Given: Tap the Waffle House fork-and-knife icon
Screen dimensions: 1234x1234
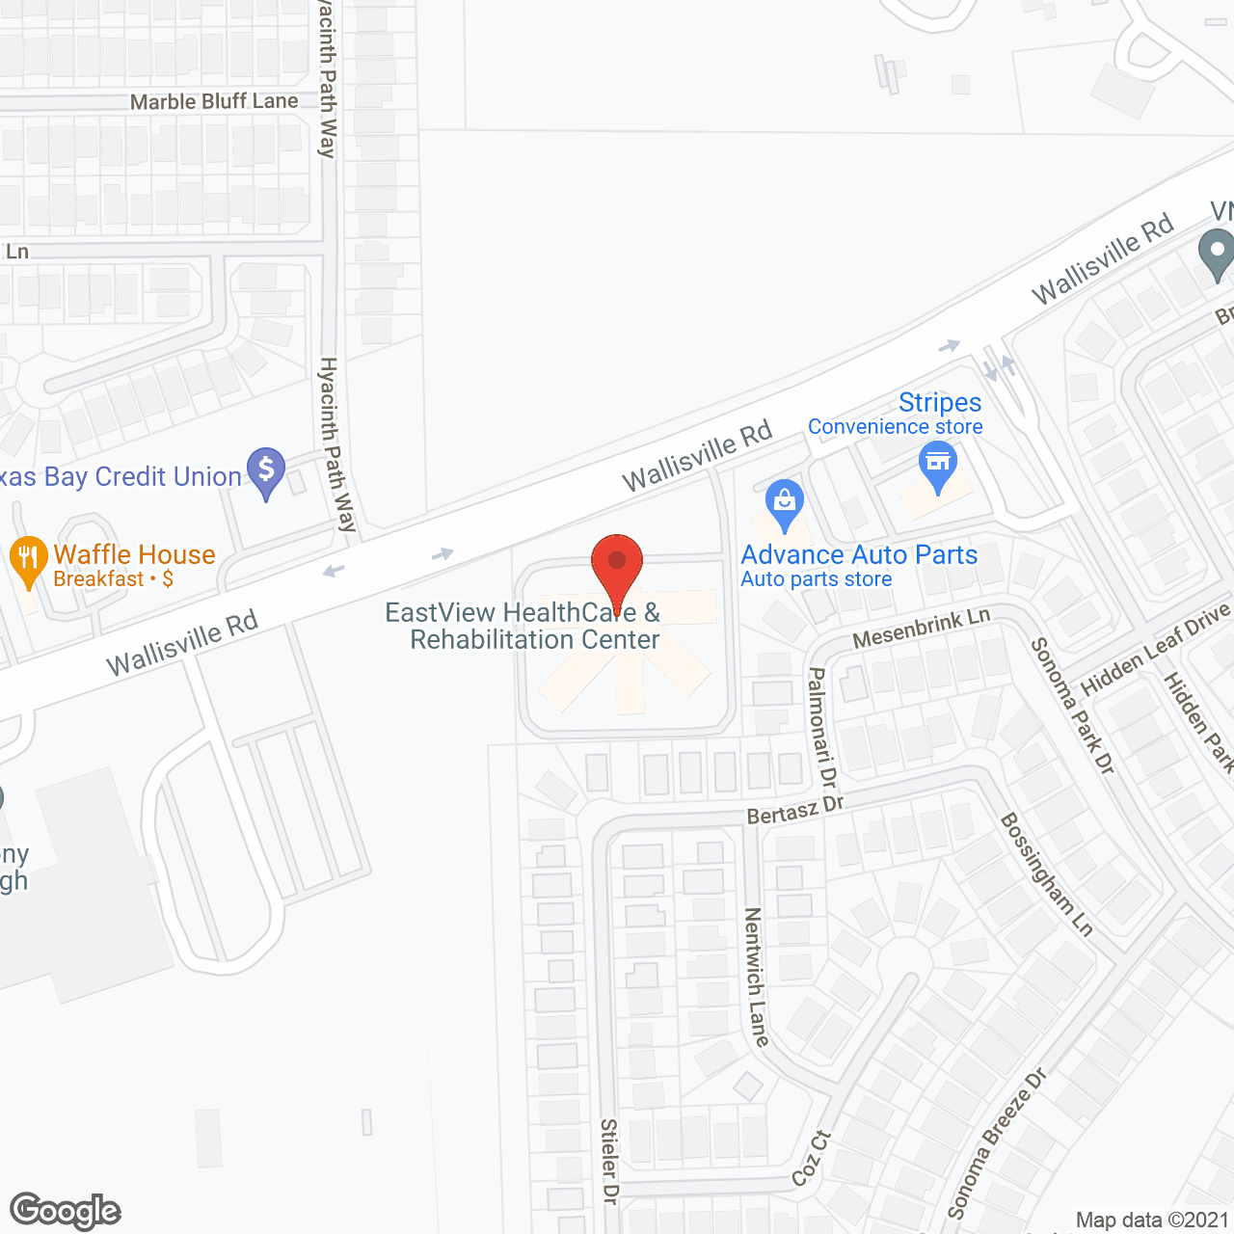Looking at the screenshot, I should (x=29, y=559).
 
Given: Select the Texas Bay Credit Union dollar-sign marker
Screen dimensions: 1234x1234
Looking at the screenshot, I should (x=266, y=471).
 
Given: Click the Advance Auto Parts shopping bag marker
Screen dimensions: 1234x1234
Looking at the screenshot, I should (x=785, y=503).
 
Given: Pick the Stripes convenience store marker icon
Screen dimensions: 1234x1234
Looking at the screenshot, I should (x=937, y=465).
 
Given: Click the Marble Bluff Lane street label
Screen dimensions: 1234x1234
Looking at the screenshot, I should (x=214, y=101).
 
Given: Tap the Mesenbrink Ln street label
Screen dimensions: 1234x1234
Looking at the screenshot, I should (x=921, y=629).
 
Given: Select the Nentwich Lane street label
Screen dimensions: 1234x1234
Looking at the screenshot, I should (x=757, y=978).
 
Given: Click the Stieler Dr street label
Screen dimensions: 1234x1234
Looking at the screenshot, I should (x=609, y=1161).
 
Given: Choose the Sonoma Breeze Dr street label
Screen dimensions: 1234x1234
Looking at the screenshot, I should (x=996, y=1144).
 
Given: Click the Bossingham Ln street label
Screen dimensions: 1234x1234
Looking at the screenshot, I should (x=1046, y=874).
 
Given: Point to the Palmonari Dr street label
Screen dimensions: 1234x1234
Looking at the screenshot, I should (x=822, y=726).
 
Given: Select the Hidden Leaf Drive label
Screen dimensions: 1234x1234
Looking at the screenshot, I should (x=1156, y=649).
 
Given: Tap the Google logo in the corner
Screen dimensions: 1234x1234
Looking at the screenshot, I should (x=66, y=1211).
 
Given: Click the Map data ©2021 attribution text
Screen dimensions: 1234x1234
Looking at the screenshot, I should (x=1152, y=1221).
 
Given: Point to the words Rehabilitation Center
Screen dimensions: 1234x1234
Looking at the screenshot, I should (x=535, y=639).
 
